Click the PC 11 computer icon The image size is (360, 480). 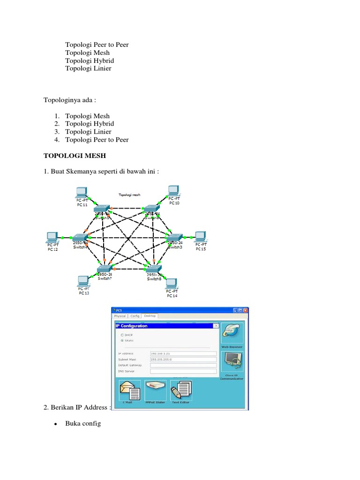coord(82,192)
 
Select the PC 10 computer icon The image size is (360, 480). coord(174,190)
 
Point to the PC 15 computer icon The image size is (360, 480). coord(201,236)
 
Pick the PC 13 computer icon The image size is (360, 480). coord(83,281)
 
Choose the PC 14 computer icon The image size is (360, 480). coord(172,284)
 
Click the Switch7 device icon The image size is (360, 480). coord(104,269)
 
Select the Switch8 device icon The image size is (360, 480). coord(154,269)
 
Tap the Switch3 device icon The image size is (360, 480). coord(175,237)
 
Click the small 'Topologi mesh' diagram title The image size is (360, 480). coord(129,195)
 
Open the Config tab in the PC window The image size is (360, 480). coord(135,316)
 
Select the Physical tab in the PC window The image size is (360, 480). coord(120,316)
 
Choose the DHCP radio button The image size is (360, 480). coord(123,335)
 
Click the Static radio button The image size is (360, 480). coord(123,341)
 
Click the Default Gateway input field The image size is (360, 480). coord(183,365)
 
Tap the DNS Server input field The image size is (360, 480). coord(183,371)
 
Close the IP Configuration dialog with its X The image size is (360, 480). coord(216,326)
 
